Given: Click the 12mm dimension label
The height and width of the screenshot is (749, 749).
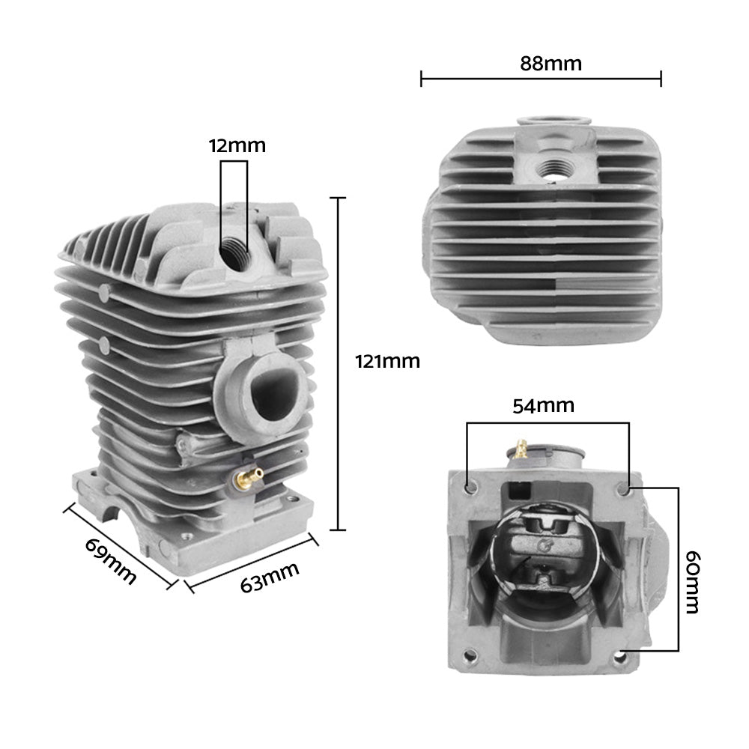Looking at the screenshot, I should coord(237,145).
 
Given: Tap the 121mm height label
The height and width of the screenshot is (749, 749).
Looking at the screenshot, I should coord(387,362).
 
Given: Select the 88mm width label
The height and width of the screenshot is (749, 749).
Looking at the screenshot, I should coord(551,64).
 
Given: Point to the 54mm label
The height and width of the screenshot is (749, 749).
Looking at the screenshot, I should coord(544,406).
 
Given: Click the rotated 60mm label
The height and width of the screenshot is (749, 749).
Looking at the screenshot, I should coord(693,583).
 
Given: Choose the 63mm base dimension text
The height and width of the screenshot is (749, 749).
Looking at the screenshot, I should coord(270,577).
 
